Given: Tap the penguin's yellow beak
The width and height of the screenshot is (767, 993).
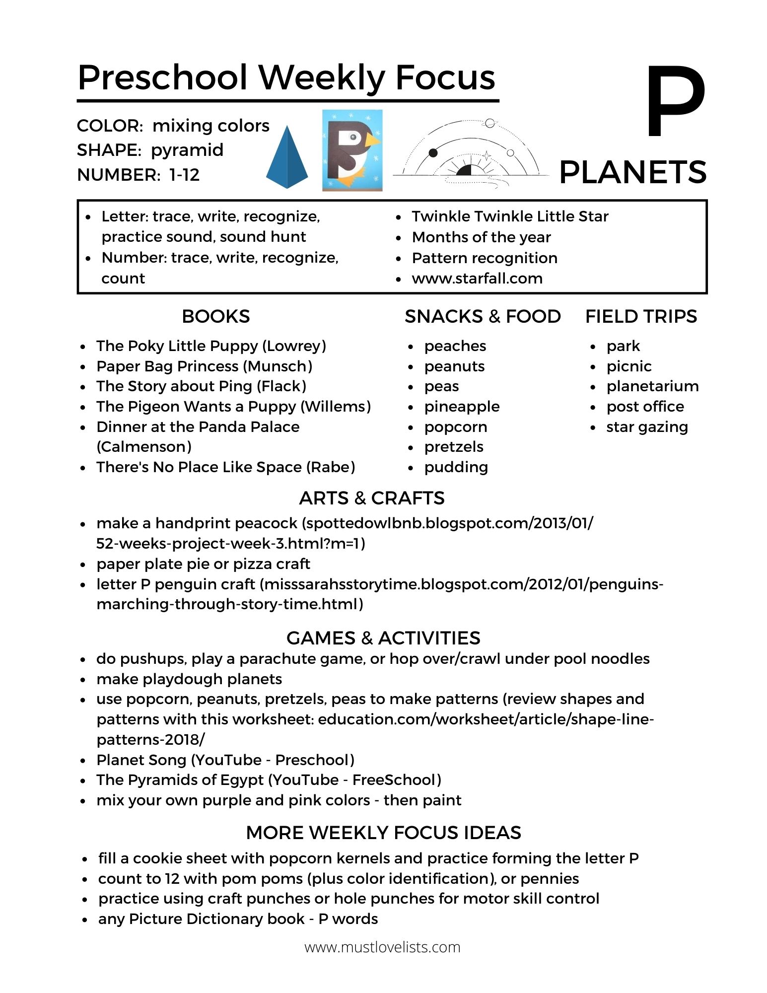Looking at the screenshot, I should tap(372, 142).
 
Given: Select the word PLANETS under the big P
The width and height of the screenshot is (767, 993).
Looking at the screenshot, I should tap(632, 172).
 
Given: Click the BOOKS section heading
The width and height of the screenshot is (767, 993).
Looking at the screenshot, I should tap(215, 316).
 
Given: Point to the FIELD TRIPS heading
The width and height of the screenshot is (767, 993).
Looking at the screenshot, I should tap(641, 316).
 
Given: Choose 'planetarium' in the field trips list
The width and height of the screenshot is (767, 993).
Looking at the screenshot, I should tap(652, 386).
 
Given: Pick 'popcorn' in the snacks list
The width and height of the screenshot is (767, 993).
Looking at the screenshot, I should tap(455, 427).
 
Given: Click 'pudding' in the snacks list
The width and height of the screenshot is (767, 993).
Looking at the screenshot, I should tap(456, 467).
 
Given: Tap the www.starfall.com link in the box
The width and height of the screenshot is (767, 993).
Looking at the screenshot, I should tap(477, 279).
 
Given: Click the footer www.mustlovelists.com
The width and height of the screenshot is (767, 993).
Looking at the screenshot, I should tap(382, 947).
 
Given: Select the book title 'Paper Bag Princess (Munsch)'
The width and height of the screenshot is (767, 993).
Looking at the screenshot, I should tap(204, 366).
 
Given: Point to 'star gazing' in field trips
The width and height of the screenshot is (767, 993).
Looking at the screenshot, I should tap(647, 427).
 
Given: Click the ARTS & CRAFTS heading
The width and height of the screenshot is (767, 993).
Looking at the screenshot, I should tap(372, 498).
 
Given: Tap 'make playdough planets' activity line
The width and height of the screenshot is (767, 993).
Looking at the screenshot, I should tap(189, 679).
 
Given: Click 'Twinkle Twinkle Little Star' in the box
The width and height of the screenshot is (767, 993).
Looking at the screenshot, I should tap(510, 216).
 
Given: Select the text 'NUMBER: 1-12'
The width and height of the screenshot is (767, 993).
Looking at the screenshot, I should tap(139, 175).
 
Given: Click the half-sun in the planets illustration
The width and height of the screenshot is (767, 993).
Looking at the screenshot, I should tap(464, 170).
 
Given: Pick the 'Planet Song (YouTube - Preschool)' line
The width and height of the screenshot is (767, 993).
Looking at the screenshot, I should tap(225, 760).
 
